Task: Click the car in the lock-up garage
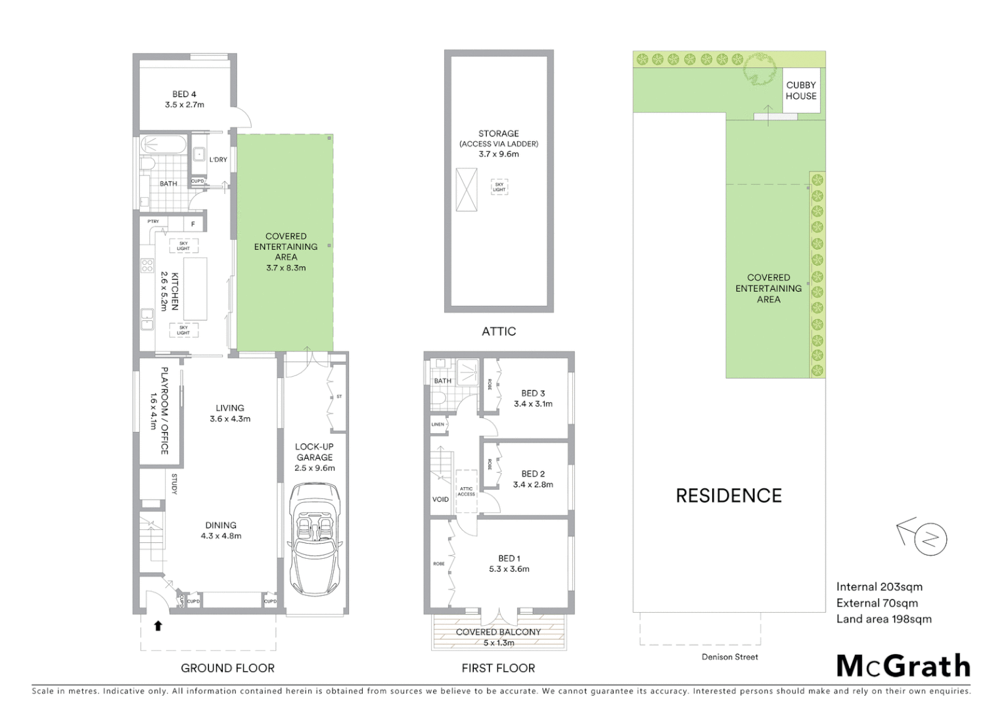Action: pyautogui.click(x=314, y=539)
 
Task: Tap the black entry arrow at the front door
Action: pyautogui.click(x=158, y=626)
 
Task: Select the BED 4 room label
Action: pyautogui.click(x=184, y=94)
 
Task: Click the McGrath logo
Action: pyautogui.click(x=903, y=666)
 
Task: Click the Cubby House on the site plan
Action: pyautogui.click(x=801, y=91)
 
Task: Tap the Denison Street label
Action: pyautogui.click(x=729, y=657)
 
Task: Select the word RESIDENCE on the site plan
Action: pyautogui.click(x=729, y=496)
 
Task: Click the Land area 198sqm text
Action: pyautogui.click(x=884, y=619)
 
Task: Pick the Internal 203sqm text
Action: pyautogui.click(x=879, y=586)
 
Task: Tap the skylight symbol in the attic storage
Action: pyautogui.click(x=499, y=187)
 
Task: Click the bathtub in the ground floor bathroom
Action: pyautogui.click(x=164, y=144)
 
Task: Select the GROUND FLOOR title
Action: pyautogui.click(x=227, y=668)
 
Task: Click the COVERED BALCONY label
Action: pyautogui.click(x=498, y=632)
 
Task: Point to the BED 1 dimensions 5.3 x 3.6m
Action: pyautogui.click(x=509, y=569)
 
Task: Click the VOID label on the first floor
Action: pyautogui.click(x=440, y=500)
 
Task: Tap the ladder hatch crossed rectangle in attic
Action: pyautogui.click(x=467, y=189)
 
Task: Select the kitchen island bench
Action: pyautogui.click(x=194, y=289)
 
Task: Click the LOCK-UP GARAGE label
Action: pyautogui.click(x=314, y=452)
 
